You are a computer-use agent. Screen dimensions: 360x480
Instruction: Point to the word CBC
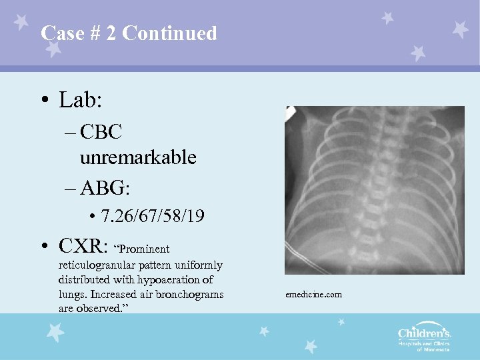tap(100, 132)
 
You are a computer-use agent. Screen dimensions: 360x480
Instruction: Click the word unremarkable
tap(137, 157)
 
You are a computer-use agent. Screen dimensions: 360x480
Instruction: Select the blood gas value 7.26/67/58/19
tap(153, 217)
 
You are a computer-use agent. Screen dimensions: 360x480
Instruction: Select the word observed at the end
tap(100, 308)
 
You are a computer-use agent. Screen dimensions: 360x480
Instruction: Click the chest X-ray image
tap(375, 190)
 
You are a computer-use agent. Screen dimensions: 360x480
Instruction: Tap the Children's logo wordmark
tap(425, 333)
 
